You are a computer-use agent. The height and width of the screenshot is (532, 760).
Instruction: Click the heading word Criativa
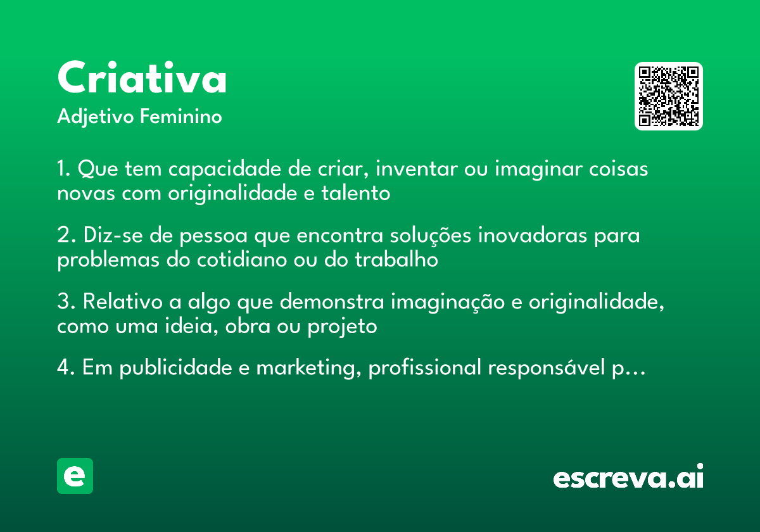(x=142, y=79)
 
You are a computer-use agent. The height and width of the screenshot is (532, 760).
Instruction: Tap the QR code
(x=669, y=96)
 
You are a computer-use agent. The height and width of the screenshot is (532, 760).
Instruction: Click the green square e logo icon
(x=75, y=476)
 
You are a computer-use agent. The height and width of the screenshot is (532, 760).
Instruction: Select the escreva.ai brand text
(x=628, y=478)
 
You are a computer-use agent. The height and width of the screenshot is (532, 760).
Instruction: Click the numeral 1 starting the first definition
(x=62, y=170)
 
